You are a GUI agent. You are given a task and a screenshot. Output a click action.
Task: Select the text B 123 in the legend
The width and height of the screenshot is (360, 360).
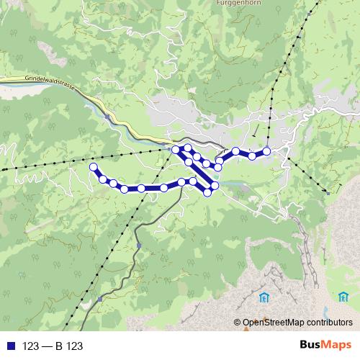click(68, 346)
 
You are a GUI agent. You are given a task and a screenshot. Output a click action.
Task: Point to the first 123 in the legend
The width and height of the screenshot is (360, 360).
click(31, 346)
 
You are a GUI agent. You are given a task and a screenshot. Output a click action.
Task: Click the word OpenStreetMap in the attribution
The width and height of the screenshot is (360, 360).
click(274, 323)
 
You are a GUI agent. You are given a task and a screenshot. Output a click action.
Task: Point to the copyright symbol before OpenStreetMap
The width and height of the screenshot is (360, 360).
click(237, 323)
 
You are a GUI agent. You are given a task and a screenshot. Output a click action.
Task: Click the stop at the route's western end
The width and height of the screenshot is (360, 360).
click(92, 167)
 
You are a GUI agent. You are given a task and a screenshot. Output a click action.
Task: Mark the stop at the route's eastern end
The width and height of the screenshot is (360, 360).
click(266, 150)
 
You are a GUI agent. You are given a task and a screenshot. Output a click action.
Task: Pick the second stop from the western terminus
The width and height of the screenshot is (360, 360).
click(103, 179)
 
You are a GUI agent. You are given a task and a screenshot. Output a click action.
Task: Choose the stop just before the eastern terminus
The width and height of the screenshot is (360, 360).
click(252, 155)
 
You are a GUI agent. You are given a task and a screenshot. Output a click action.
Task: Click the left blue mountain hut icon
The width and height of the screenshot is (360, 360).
click(264, 297)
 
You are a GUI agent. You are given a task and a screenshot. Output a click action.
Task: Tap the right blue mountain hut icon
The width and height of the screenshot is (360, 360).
click(342, 296)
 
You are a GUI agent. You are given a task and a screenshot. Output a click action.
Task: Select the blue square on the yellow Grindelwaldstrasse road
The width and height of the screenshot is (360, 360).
click(107, 115)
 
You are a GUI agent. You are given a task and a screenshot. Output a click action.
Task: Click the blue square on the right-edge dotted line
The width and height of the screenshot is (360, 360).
click(328, 192)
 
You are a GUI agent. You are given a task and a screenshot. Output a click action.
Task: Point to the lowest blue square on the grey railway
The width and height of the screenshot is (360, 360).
click(100, 298)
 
